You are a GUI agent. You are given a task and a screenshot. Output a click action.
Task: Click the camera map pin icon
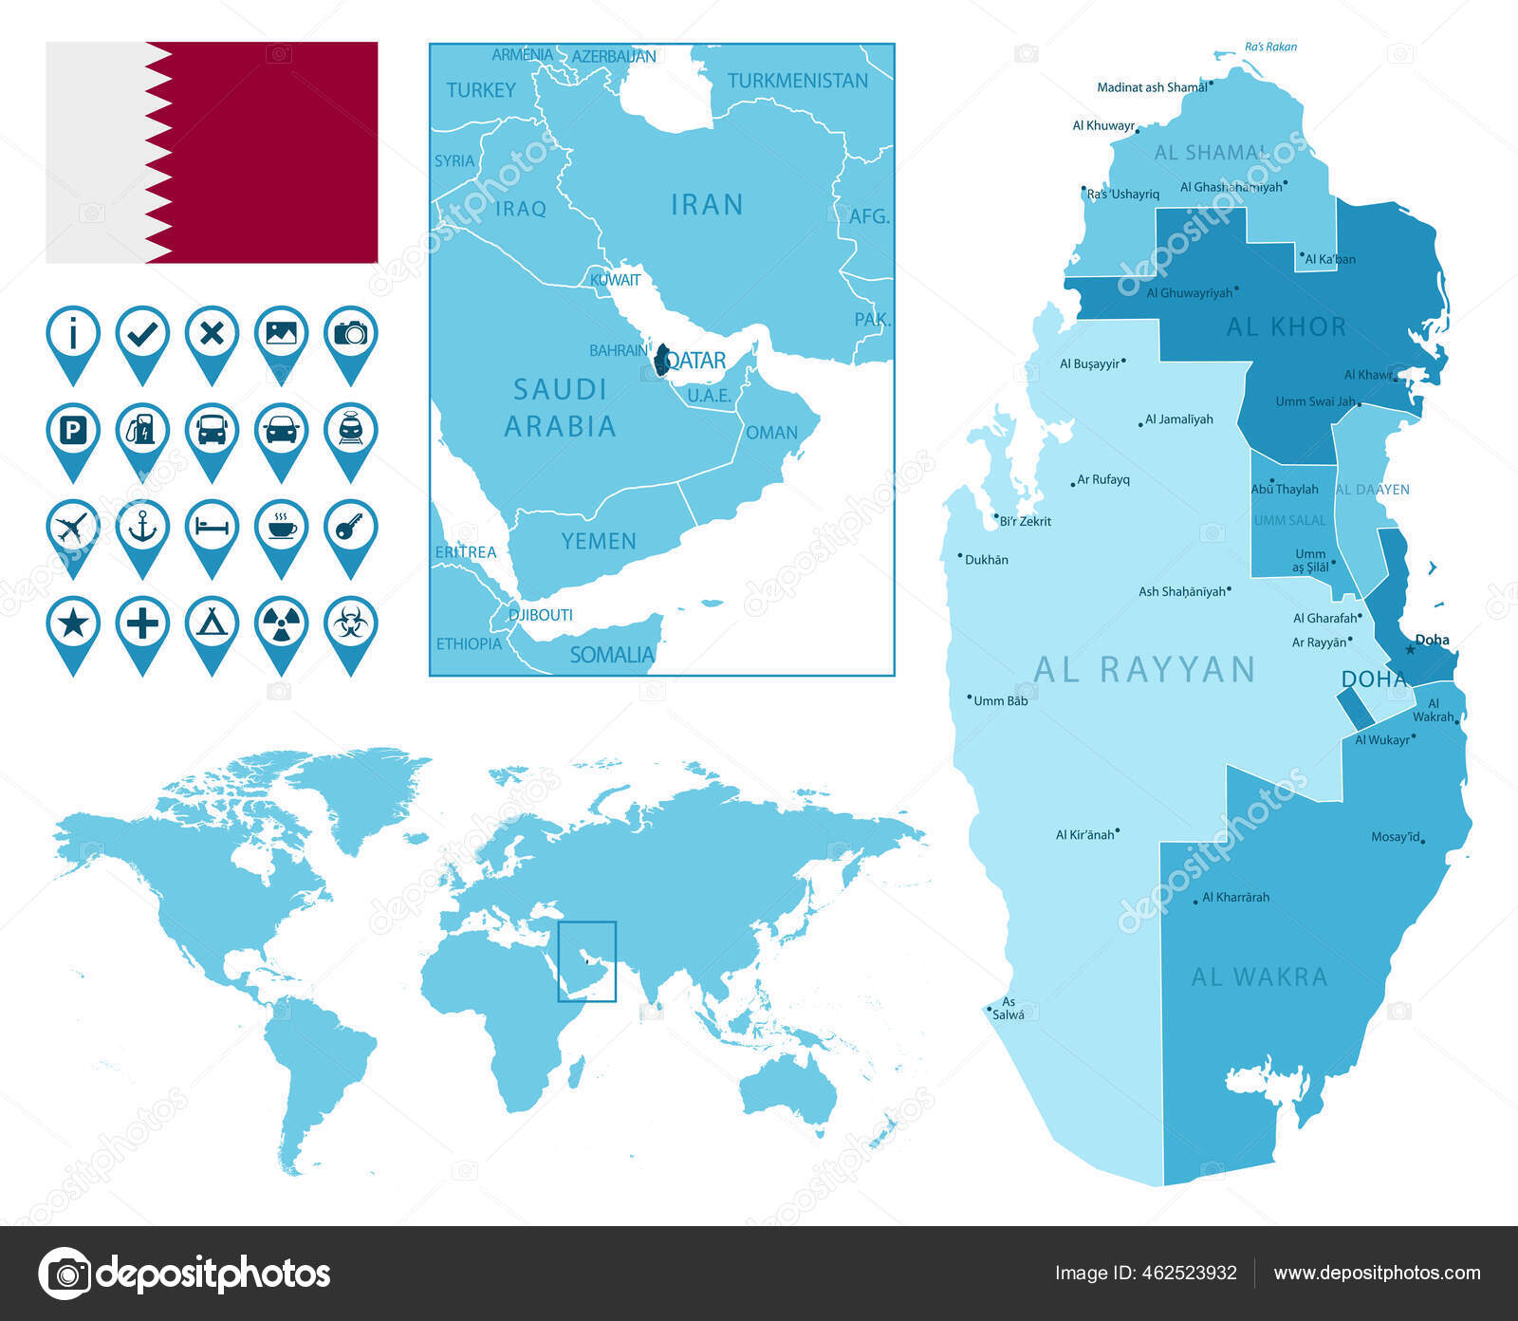point(350,335)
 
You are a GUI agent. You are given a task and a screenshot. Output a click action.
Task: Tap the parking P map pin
point(73,433)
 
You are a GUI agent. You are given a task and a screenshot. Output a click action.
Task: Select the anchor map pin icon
point(142,529)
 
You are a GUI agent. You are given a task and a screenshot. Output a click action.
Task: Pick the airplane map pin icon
point(73,529)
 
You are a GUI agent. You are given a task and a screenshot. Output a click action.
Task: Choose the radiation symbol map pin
point(281,625)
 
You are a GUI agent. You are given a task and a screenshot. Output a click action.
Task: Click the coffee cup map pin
point(281,529)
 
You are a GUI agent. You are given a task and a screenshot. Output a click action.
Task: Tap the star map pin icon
point(73,625)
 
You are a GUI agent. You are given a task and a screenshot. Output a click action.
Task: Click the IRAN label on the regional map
point(707,205)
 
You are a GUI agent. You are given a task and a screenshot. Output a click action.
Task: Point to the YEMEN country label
point(599,541)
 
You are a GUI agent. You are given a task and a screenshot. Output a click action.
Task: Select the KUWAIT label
point(615,280)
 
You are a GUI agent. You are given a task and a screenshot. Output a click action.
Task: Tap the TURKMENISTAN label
point(798,82)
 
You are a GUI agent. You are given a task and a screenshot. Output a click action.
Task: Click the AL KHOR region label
point(1286,327)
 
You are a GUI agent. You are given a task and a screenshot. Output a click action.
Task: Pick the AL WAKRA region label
point(1259,977)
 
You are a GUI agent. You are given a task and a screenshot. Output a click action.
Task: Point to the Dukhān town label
point(986,560)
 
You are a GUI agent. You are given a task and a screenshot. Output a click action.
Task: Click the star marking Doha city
point(1410,650)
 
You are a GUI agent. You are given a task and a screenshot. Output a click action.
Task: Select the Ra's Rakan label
point(1270,47)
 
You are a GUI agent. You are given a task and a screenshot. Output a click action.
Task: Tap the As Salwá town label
point(1008,1008)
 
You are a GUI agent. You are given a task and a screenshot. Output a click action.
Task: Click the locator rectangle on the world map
point(587,961)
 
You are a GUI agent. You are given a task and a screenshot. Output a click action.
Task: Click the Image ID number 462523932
point(1186,1274)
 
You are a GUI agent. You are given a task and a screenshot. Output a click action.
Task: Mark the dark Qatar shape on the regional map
point(662,361)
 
